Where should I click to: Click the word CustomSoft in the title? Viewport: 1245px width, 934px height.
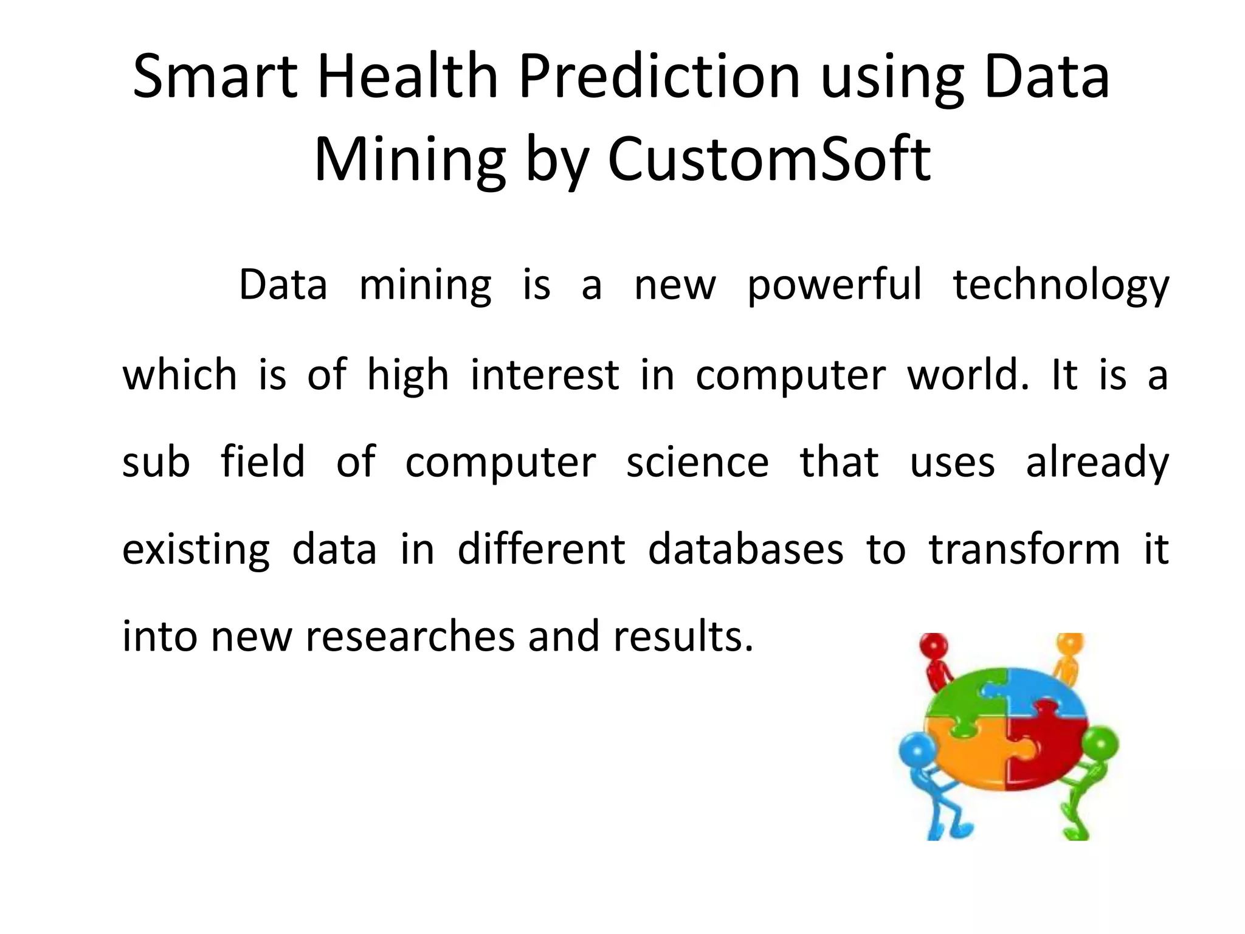click(x=768, y=159)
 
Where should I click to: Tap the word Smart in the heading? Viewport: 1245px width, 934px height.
click(x=215, y=77)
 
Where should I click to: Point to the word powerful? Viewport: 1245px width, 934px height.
click(x=834, y=286)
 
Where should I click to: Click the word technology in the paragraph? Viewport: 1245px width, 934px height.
click(x=1061, y=286)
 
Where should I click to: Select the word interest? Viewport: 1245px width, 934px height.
click(x=545, y=375)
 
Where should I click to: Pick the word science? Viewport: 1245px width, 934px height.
click(x=697, y=462)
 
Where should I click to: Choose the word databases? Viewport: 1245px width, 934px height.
click(x=745, y=549)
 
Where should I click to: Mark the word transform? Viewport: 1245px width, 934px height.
click(x=1024, y=549)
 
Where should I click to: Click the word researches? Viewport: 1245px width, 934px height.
click(x=410, y=637)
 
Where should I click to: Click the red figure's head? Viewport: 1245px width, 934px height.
click(x=934, y=647)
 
